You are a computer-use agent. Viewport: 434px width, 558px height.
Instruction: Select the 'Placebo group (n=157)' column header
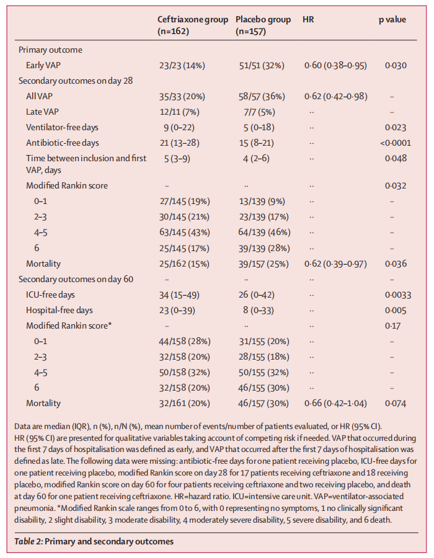(263, 25)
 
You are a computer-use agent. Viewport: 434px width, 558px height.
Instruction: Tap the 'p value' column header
(392, 20)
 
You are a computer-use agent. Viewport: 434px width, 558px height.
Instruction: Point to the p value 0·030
(395, 65)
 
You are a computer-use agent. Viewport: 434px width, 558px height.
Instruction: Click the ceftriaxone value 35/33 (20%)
(184, 96)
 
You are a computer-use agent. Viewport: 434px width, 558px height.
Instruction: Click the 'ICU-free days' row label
(51, 294)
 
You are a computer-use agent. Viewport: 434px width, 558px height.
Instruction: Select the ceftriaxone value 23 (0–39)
(179, 309)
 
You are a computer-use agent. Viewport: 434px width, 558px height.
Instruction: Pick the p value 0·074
(395, 403)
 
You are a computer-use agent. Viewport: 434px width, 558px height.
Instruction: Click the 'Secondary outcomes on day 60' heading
(76, 278)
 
